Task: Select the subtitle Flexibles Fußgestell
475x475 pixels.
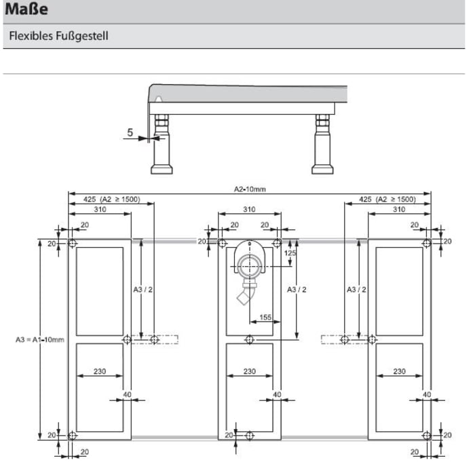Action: pos(58,35)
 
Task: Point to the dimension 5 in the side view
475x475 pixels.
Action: pos(130,133)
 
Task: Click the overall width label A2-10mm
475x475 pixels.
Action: pos(249,189)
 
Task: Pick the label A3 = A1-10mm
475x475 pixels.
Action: pos(39,339)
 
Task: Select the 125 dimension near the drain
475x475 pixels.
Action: pos(290,252)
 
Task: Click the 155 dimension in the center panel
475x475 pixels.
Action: pos(265,317)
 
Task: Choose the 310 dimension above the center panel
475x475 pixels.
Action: pos(249,210)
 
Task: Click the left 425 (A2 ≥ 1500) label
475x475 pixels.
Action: pos(111,199)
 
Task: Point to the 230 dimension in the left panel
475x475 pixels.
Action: pos(99,371)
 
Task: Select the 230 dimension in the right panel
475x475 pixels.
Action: pos(399,371)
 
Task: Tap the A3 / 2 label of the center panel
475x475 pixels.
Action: pos(297,290)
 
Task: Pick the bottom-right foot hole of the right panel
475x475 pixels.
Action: pos(426,435)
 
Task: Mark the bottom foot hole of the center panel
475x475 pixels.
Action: pos(250,435)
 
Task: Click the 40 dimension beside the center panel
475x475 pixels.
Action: pos(276,394)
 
